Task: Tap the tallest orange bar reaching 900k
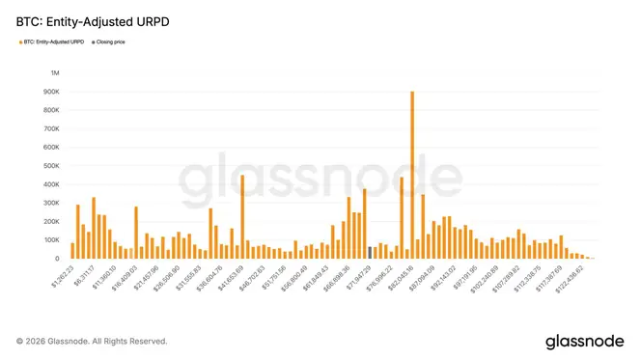tap(412, 175)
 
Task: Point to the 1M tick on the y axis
tap(54, 73)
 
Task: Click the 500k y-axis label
tap(49, 166)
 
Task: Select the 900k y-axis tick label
tap(49, 92)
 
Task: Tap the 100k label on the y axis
tap(49, 240)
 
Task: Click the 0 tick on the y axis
tap(57, 259)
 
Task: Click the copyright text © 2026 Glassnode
tap(92, 341)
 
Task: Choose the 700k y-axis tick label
tap(49, 129)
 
